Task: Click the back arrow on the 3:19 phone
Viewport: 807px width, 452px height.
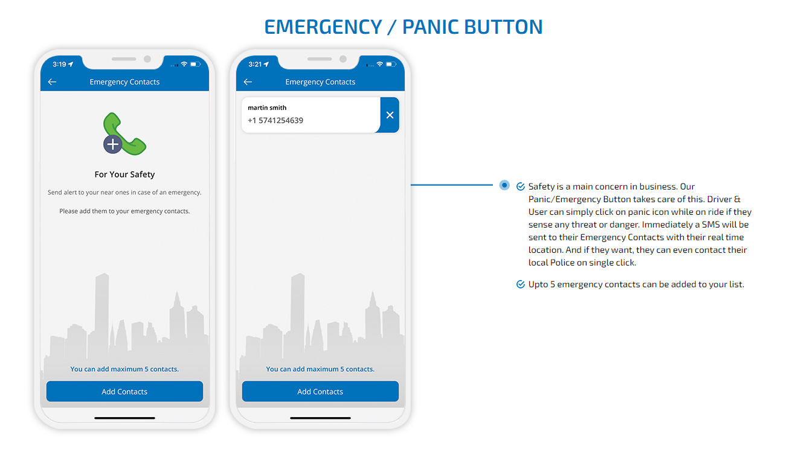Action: (52, 82)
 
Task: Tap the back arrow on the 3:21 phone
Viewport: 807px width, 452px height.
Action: (248, 82)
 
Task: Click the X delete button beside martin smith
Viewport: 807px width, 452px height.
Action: (390, 115)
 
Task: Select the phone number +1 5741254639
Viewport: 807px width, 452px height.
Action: (275, 121)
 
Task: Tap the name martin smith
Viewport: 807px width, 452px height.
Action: (267, 107)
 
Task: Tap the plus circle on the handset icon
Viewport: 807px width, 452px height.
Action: (113, 145)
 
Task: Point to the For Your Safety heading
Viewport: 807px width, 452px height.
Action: (124, 174)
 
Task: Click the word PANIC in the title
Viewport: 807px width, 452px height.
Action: (430, 27)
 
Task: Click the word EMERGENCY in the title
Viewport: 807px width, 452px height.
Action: (323, 27)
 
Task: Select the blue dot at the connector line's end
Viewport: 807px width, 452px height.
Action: (504, 185)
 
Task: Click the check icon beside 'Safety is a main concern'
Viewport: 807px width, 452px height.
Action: (520, 186)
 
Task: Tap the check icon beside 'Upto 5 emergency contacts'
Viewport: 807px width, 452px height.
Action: (520, 284)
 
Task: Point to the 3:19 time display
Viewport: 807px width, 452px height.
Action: (59, 65)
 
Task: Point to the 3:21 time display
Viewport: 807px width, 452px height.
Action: (255, 65)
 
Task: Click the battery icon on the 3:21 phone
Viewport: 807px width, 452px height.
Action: (391, 64)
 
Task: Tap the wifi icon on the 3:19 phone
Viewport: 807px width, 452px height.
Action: (184, 64)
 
